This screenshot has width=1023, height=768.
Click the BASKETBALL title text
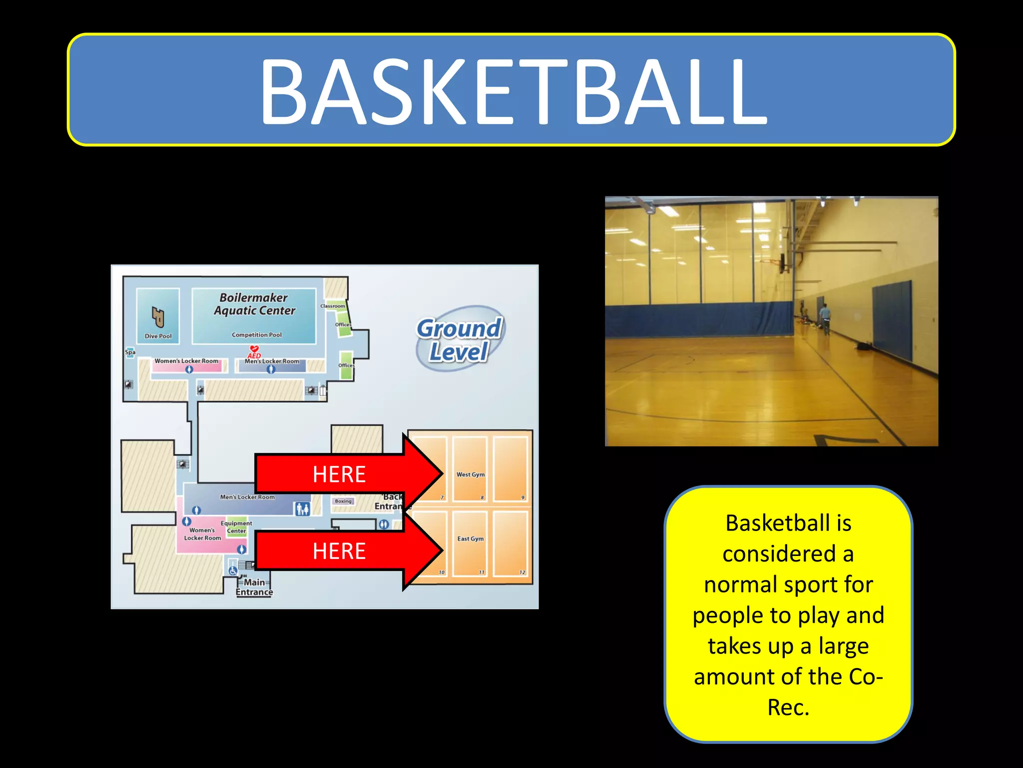(512, 91)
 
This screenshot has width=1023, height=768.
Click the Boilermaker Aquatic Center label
(254, 304)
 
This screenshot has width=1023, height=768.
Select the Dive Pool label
(158, 336)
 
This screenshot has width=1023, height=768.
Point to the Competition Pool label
(257, 335)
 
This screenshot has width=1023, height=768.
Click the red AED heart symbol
(254, 348)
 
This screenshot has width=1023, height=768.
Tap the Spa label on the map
(130, 352)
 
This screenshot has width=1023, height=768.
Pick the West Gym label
(470, 474)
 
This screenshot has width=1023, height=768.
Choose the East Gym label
(470, 538)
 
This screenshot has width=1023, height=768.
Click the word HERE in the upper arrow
(339, 474)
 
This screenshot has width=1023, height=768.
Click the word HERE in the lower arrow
(339, 551)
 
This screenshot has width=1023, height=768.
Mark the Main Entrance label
(254, 587)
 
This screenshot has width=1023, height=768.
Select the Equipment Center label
(236, 527)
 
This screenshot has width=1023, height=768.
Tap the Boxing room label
(343, 501)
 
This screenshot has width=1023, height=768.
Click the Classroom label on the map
(332, 306)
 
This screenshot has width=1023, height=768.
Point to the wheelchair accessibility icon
(233, 570)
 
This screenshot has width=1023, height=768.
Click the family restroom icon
(303, 509)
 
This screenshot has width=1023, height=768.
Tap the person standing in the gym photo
(825, 318)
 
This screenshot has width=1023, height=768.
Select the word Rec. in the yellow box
(788, 707)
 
